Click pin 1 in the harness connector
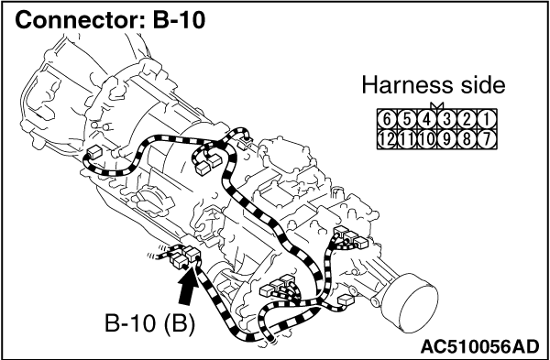pos(487,120)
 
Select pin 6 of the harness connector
pos(387,120)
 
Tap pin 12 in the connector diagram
pos(387,139)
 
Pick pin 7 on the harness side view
pos(487,139)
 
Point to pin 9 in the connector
pos(446,139)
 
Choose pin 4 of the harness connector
pos(426,120)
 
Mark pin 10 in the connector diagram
pos(426,139)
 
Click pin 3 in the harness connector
pos(446,120)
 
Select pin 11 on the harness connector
pos(406,139)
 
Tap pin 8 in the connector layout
pos(467,139)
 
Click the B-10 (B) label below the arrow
pos(149,324)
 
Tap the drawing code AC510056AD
pos(479,347)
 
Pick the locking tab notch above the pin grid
pos(437,106)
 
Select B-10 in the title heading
pos(179,20)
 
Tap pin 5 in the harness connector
pos(406,120)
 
